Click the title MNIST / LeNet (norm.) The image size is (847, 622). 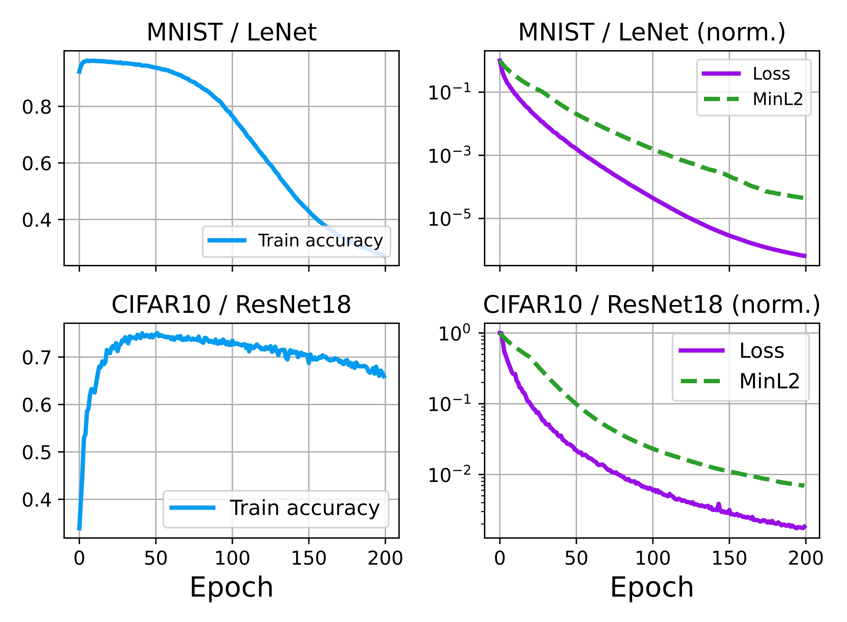coord(652,32)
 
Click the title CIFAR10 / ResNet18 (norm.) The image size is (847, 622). coord(652,305)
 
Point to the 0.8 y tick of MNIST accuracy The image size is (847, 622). coord(37,107)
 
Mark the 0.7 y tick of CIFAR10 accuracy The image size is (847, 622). coord(37,357)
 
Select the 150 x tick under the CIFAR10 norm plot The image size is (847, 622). coord(729,558)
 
